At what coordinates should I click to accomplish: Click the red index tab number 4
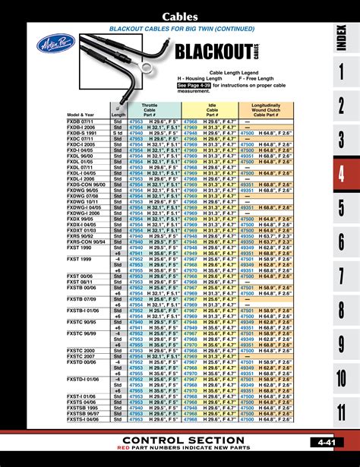(341, 174)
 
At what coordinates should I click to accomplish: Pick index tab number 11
(341, 413)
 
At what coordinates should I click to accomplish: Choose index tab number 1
(341, 72)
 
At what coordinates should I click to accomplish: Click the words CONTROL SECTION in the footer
(183, 441)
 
